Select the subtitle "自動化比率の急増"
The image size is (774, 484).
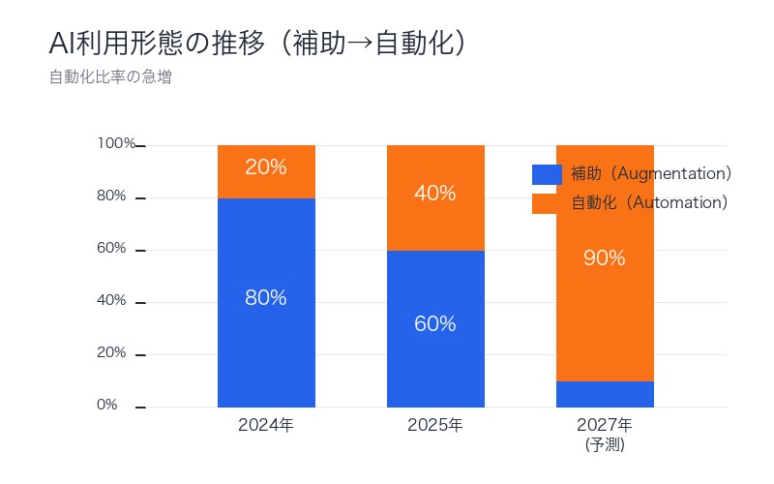click(110, 77)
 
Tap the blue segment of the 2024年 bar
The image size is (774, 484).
click(266, 339)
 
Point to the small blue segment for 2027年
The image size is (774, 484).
click(605, 394)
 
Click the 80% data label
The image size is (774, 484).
click(266, 298)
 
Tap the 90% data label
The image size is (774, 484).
click(605, 258)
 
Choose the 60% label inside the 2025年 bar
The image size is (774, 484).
click(435, 324)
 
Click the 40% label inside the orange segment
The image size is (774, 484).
click(435, 194)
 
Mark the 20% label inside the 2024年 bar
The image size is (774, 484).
click(266, 167)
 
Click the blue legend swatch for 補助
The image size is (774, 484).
click(547, 174)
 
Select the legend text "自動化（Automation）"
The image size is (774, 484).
click(648, 203)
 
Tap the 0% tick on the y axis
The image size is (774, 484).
click(108, 406)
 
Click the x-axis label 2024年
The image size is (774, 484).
click(266, 425)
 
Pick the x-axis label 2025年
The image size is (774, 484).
click(435, 425)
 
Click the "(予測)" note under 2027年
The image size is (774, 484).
click(605, 445)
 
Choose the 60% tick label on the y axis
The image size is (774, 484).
click(112, 249)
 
